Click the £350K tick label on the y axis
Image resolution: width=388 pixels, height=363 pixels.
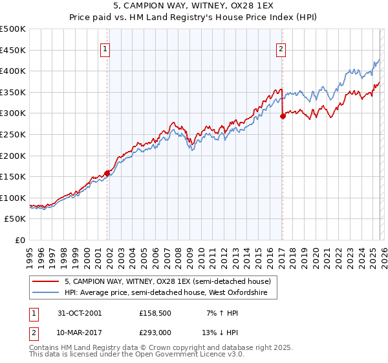tap(13, 92)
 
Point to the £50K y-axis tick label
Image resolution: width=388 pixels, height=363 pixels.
tap(15, 219)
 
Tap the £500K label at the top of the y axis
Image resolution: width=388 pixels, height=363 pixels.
tap(13, 29)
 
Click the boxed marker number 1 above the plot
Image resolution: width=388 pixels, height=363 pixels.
tap(105, 47)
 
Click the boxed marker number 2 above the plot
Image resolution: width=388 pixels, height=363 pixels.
tap(281, 47)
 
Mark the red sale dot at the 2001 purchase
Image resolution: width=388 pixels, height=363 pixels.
tap(107, 173)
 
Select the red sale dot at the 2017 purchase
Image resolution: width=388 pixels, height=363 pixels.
tap(283, 117)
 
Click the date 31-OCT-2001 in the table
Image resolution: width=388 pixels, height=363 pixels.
tap(79, 312)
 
